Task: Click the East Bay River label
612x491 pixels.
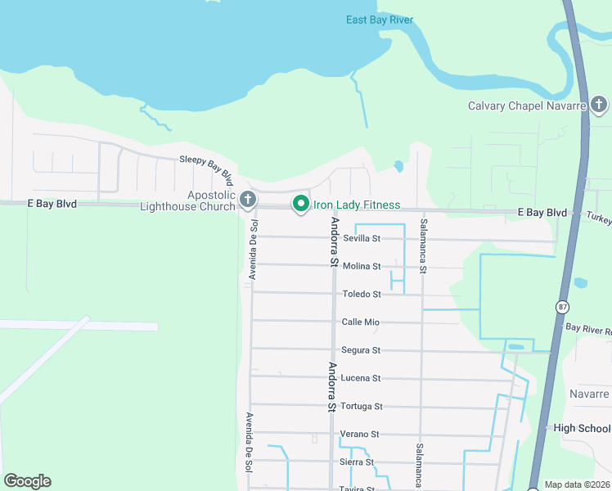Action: (379, 20)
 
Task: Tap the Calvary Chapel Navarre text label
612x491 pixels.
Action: (526, 106)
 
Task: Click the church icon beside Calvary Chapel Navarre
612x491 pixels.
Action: (599, 105)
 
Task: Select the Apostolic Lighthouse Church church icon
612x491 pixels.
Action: (248, 198)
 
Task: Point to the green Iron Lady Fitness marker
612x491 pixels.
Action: (300, 204)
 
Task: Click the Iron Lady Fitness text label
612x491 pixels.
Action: (357, 205)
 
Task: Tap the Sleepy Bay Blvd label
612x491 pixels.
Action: (207, 168)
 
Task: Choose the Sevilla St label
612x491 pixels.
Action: (362, 238)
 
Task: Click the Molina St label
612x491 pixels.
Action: (362, 266)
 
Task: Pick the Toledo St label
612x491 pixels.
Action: (362, 294)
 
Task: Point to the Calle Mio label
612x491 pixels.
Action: (360, 322)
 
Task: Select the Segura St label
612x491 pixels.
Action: (361, 350)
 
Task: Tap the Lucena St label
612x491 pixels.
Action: (361, 378)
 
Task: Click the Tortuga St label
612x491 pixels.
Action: (361, 406)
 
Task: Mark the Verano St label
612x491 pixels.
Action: (360, 434)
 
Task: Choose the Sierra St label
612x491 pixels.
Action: (358, 462)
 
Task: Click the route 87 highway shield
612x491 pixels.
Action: (562, 306)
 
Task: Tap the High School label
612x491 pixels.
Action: (582, 428)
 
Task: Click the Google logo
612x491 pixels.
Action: (27, 481)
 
